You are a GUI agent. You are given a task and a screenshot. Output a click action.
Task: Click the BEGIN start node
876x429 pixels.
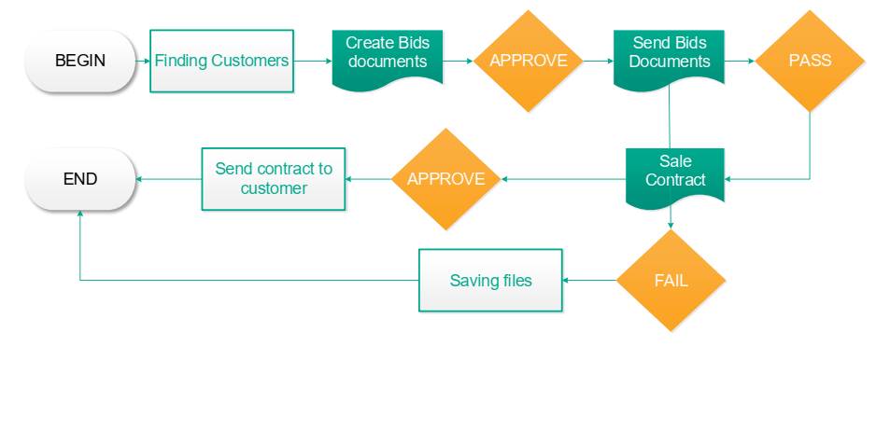pyautogui.click(x=80, y=61)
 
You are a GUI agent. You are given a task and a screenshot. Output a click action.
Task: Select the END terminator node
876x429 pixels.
pyautogui.click(x=80, y=179)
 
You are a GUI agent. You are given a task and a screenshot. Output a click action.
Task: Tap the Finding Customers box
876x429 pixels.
pyautogui.click(x=221, y=61)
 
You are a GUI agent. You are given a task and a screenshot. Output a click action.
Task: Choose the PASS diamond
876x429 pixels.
pyautogui.click(x=810, y=61)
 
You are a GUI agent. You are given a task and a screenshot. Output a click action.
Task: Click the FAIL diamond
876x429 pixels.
pyautogui.click(x=671, y=281)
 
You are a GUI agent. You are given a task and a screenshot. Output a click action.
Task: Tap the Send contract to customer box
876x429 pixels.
pyautogui.click(x=274, y=179)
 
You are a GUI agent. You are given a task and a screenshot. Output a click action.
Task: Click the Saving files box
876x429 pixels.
pyautogui.click(x=490, y=281)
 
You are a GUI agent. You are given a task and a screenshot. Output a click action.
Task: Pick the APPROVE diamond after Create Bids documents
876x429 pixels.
pyautogui.click(x=529, y=61)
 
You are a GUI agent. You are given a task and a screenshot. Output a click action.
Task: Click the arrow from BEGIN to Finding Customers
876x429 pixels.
pyautogui.click(x=143, y=61)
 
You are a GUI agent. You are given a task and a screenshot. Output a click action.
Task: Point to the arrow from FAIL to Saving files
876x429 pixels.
pyautogui.click(x=589, y=281)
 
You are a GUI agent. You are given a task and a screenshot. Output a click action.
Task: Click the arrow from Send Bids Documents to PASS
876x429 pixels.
pyautogui.click(x=740, y=61)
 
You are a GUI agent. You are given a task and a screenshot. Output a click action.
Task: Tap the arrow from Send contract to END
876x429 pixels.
pyautogui.click(x=168, y=179)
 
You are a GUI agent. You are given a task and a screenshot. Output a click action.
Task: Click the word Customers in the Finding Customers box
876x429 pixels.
pyautogui.click(x=250, y=61)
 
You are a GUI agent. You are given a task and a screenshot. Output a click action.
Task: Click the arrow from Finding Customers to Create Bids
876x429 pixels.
pyautogui.click(x=313, y=61)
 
